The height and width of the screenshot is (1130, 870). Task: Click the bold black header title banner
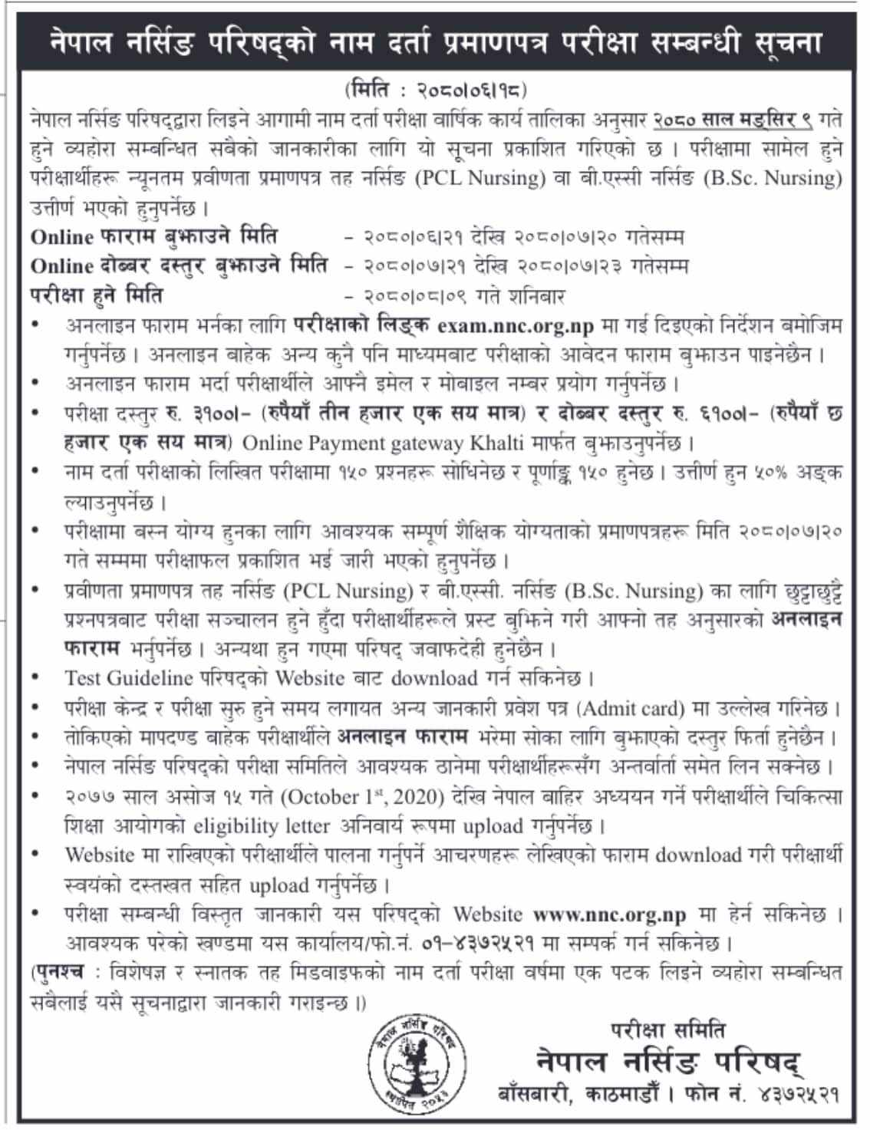[x=435, y=41]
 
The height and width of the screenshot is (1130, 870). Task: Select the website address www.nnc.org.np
[x=609, y=914]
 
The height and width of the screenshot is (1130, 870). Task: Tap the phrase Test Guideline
[x=128, y=678]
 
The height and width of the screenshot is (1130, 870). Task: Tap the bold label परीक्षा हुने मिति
[x=97, y=295]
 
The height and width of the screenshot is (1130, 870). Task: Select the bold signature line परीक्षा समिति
[x=667, y=1030]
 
